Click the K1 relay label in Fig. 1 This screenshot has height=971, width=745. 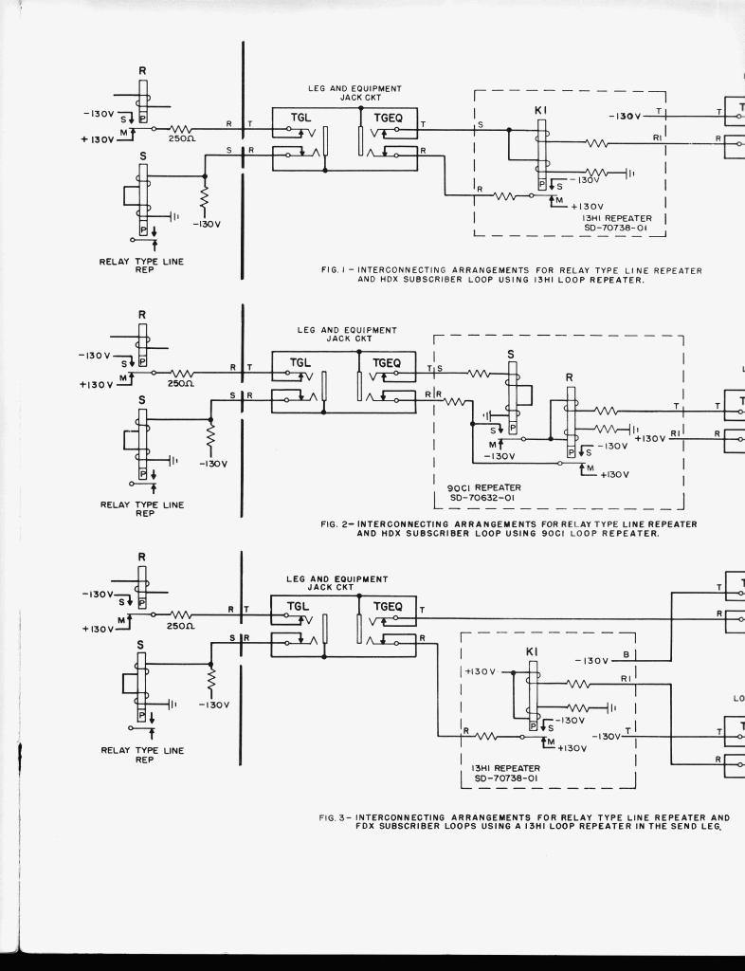[x=541, y=110]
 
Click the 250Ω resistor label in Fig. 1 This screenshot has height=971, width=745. [x=182, y=138]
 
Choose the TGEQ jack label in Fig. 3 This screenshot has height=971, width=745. [x=389, y=606]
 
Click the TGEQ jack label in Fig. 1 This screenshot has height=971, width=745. [x=389, y=117]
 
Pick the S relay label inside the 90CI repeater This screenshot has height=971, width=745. [x=511, y=354]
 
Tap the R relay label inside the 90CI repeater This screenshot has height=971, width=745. [x=570, y=376]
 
